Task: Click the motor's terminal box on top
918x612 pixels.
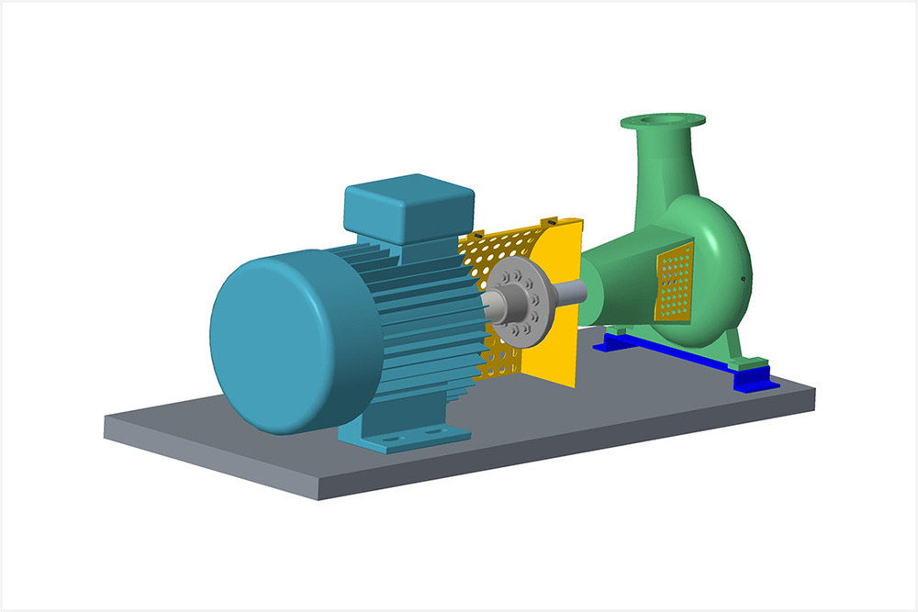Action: pos(409,206)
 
